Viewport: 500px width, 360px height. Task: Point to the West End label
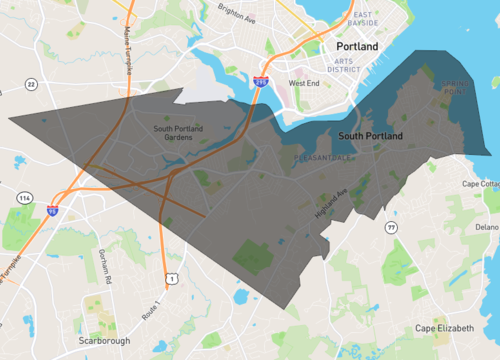[x=304, y=83]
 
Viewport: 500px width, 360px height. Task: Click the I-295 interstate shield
[x=260, y=81]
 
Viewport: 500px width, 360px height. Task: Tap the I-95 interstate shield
[x=52, y=210]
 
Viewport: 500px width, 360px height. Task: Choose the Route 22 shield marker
[x=31, y=84]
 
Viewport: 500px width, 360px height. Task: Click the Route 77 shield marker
[x=392, y=229]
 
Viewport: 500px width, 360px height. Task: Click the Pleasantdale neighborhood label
[x=320, y=158]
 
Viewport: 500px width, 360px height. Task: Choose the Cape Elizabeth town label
[x=445, y=329]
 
